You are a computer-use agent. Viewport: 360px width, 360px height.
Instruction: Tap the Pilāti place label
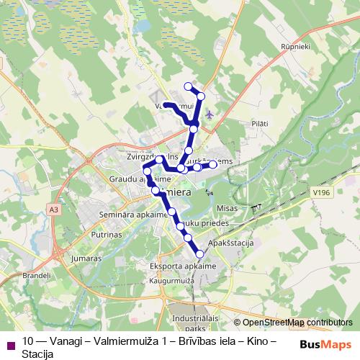coord(260,124)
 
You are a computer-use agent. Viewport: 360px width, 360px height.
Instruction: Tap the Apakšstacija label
coord(230,244)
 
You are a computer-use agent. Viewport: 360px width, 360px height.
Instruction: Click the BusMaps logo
coord(329,344)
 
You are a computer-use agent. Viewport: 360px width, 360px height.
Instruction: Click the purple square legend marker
coord(9,342)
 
